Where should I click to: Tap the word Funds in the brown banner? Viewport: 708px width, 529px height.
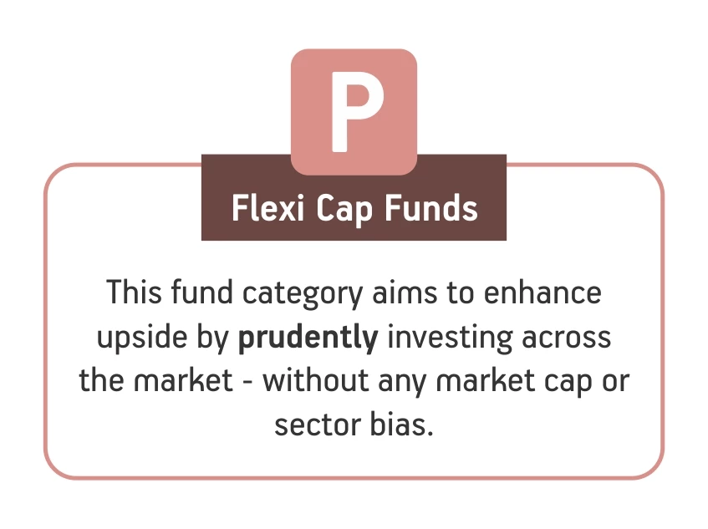tap(430, 208)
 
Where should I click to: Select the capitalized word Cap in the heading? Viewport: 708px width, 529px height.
tap(344, 210)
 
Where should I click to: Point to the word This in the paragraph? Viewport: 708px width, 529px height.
tap(134, 292)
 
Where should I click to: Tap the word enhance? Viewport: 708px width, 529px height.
tap(542, 292)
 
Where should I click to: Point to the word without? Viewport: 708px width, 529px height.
tap(316, 380)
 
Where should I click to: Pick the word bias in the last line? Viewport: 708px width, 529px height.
tap(401, 424)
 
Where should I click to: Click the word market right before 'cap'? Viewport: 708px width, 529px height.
tap(485, 380)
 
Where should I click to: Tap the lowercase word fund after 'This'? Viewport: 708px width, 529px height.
tap(201, 292)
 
